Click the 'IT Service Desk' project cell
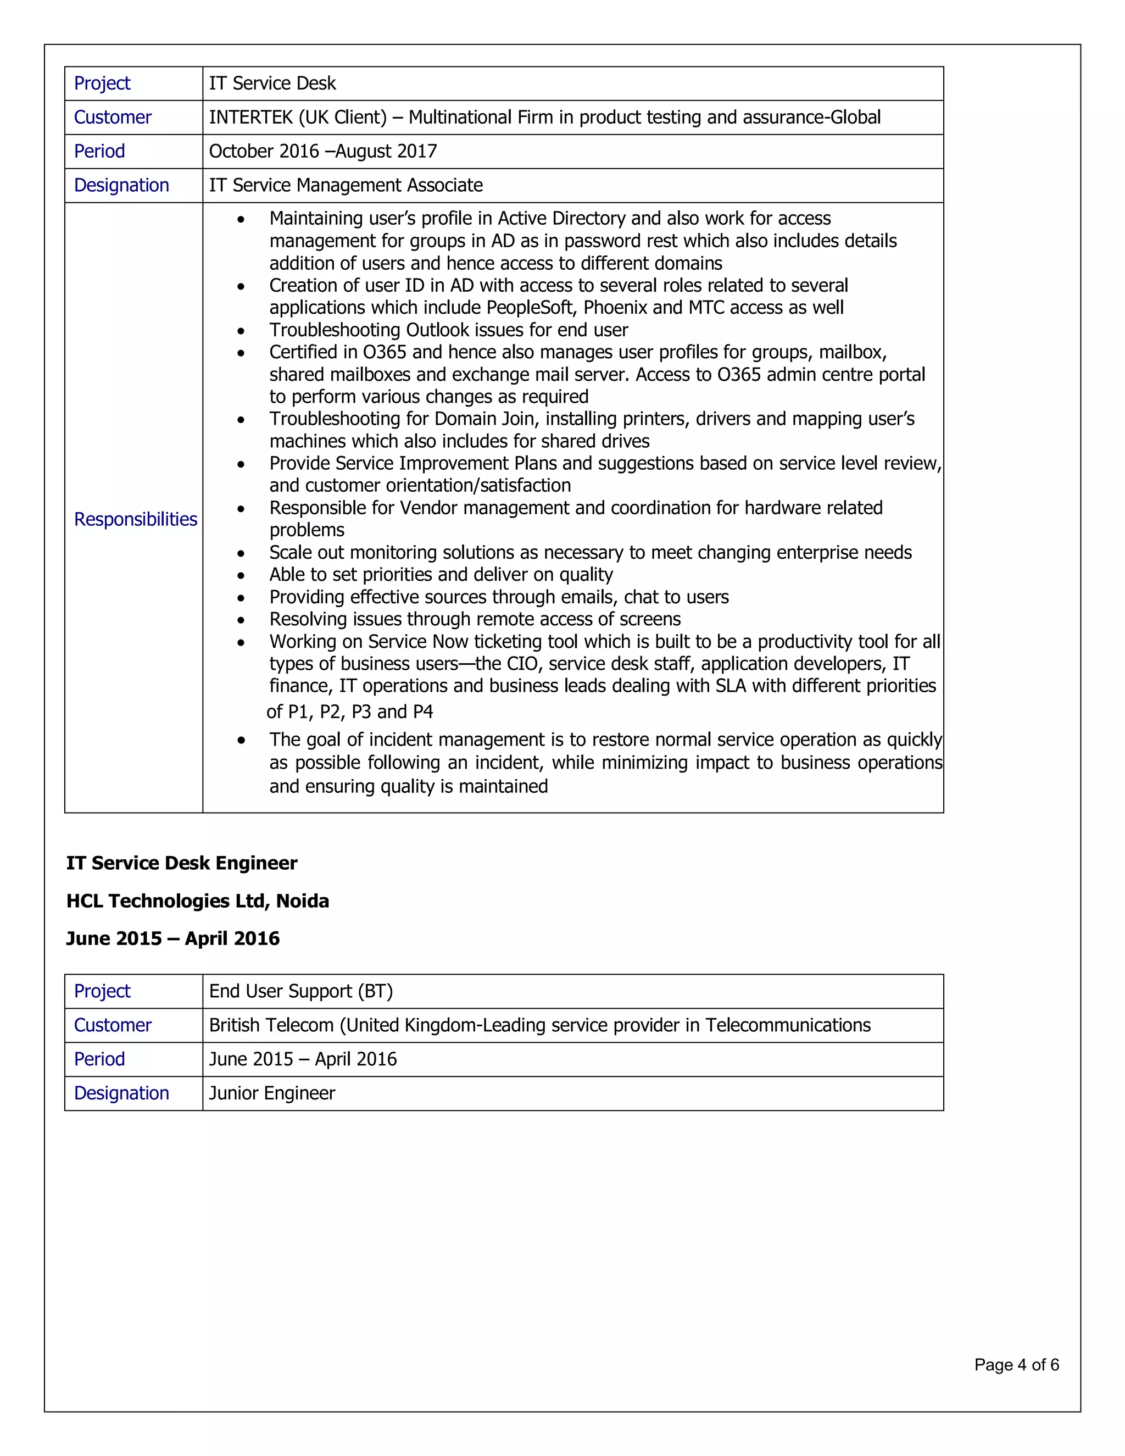pos(272,84)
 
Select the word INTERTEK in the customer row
pos(250,118)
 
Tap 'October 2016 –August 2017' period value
pos(322,151)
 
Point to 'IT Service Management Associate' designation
pos(345,185)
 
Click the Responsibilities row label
pos(135,519)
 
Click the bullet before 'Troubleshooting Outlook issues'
pos(241,331)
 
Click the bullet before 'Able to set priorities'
pos(241,575)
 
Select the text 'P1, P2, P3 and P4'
pos(360,712)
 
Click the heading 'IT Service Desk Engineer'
pos(181,863)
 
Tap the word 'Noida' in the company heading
pos(303,901)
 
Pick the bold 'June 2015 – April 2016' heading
pos(172,938)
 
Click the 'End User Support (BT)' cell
pos(300,991)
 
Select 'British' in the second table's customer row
pos(237,1025)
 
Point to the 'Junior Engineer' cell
pos(272,1093)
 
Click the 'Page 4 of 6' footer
pos(1016,1365)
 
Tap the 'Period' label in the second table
pos(99,1059)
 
